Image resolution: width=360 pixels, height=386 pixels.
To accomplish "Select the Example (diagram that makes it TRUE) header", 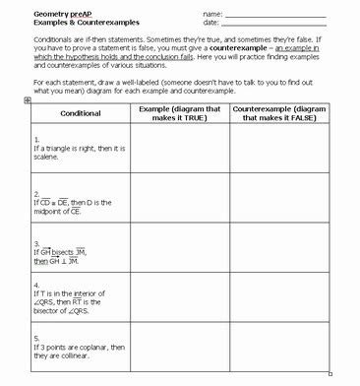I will coord(178,113).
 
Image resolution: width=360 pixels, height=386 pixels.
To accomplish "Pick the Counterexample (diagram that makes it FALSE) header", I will coord(279,113).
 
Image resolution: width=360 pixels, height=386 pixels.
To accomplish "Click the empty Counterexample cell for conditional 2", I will coord(279,202).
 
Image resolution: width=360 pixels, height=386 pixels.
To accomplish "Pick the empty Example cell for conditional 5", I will coord(178,350).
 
